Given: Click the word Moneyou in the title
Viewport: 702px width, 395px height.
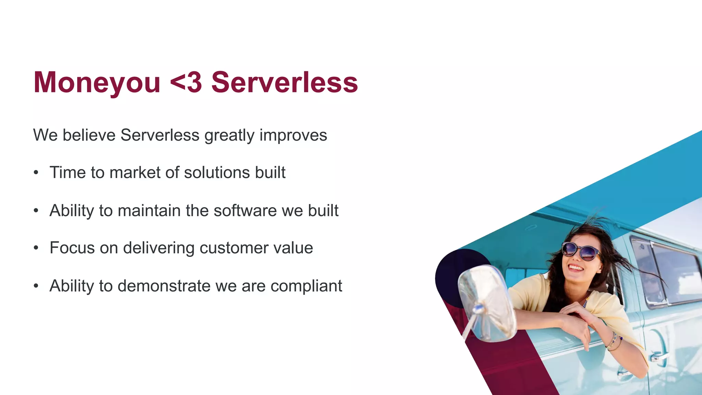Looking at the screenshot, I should click(97, 82).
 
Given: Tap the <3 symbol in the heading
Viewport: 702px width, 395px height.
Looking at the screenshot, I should click(186, 82).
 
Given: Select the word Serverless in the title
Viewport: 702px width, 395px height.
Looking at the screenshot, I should click(285, 82).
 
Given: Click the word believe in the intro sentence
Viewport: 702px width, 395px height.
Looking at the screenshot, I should click(89, 135).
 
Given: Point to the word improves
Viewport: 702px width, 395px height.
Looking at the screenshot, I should click(293, 135).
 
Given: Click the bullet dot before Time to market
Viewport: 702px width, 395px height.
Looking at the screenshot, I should click(36, 173).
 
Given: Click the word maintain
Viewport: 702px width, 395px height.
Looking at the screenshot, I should click(149, 211).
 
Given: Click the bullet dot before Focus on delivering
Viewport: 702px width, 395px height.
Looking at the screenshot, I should click(36, 248).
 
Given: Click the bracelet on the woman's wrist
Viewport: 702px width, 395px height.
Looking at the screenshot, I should click(614, 341).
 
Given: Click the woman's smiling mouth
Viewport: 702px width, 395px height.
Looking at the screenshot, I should click(576, 267).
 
